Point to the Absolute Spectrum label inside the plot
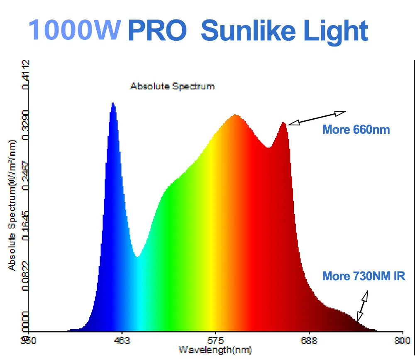tap(173, 86)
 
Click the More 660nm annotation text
tap(356, 130)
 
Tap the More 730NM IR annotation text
tap(364, 276)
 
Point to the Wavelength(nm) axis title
tap(215, 350)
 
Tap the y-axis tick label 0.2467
tap(26, 176)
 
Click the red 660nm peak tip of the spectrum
tap(283, 122)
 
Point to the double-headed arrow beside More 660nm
tap(317, 118)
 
